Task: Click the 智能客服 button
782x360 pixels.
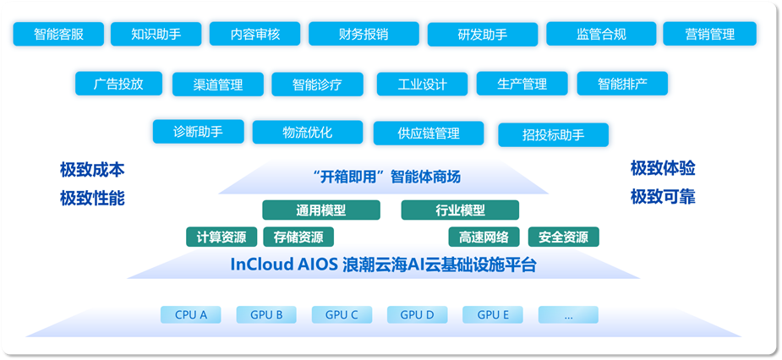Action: click(58, 35)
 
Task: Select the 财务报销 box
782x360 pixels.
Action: click(364, 35)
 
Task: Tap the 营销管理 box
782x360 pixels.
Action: click(709, 35)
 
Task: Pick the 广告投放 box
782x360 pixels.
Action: click(119, 84)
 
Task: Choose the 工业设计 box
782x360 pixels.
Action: click(422, 85)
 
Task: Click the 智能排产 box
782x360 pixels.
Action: click(621, 84)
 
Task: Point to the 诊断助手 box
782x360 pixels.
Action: click(198, 132)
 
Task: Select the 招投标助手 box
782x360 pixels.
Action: click(553, 134)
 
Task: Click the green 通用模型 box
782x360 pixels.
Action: click(320, 210)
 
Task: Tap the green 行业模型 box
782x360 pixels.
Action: click(460, 210)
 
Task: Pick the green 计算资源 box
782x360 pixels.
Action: click(221, 237)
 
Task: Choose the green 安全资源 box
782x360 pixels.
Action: click(563, 237)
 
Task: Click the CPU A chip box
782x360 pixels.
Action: click(191, 315)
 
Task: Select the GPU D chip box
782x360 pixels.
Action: click(417, 315)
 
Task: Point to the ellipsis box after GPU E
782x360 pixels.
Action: click(567, 315)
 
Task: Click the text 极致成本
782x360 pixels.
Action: click(92, 170)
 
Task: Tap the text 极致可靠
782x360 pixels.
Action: click(663, 197)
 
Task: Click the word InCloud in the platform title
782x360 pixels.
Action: click(260, 265)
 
